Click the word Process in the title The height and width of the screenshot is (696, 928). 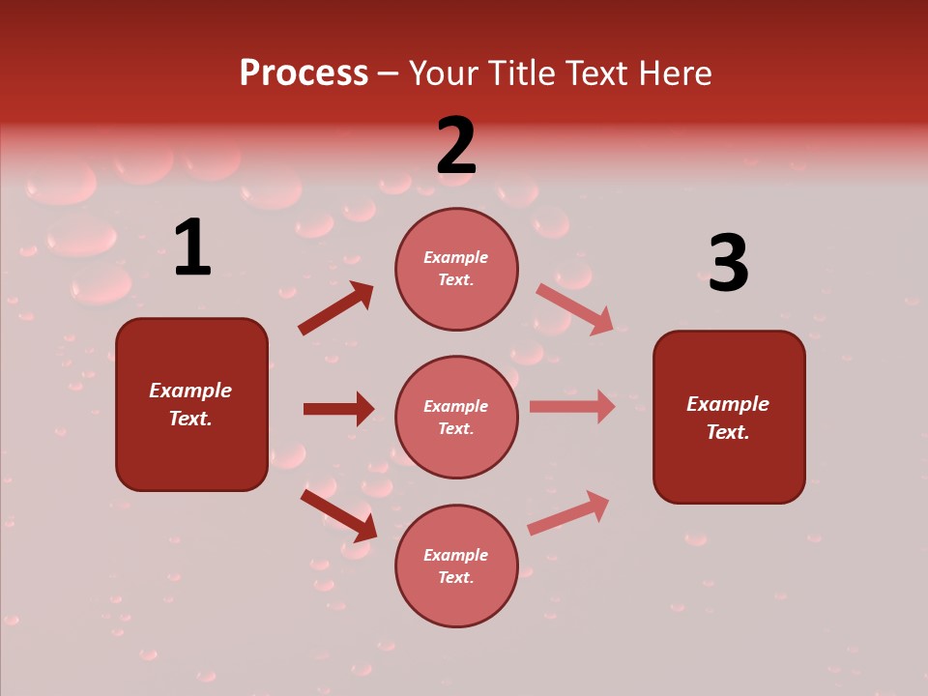pyautogui.click(x=304, y=72)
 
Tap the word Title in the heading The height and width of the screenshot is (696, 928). pyautogui.click(x=521, y=72)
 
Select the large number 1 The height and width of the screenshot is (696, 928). pyautogui.click(x=192, y=248)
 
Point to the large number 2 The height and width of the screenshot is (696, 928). pyautogui.click(x=456, y=146)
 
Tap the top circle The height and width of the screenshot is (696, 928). pyautogui.click(x=456, y=269)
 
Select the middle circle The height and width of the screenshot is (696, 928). pyautogui.click(x=456, y=418)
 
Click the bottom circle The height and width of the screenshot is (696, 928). pyautogui.click(x=456, y=566)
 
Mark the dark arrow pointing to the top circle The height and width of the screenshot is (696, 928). pyautogui.click(x=335, y=308)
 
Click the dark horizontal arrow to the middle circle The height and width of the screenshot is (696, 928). pyautogui.click(x=338, y=409)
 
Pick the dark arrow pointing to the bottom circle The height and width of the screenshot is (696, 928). pyautogui.click(x=338, y=515)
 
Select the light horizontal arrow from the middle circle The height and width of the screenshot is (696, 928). pyautogui.click(x=572, y=407)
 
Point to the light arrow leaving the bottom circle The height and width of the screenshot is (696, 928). pyautogui.click(x=568, y=512)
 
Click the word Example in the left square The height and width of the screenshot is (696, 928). pyautogui.click(x=190, y=391)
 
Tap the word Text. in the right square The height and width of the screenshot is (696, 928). pyautogui.click(x=728, y=432)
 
